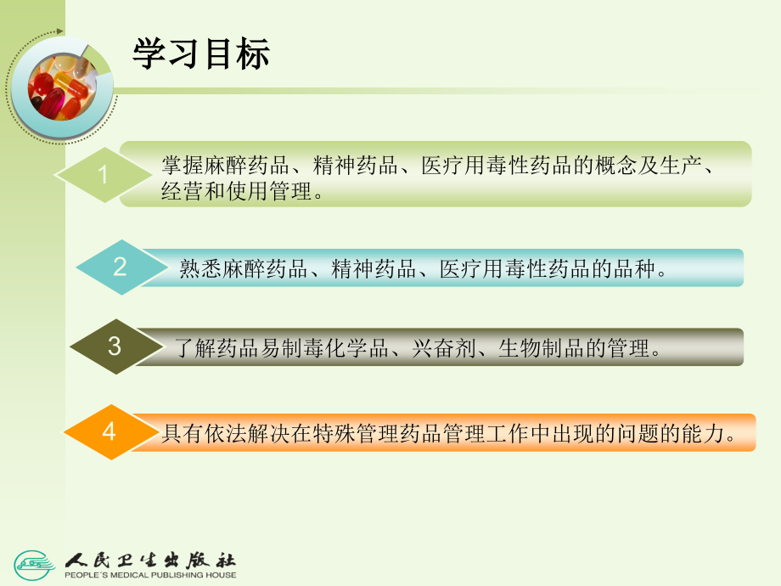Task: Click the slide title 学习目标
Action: coord(201,54)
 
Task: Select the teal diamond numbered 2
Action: coord(120,268)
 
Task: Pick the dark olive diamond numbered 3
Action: coord(115,347)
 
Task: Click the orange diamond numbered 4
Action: coord(109,432)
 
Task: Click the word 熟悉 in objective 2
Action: coord(199,270)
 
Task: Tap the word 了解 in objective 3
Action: coord(194,348)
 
